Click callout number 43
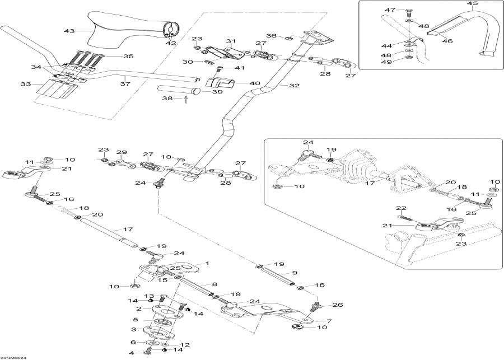click(69, 31)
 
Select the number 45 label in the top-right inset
click(473, 4)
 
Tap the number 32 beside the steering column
click(294, 85)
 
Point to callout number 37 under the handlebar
click(124, 84)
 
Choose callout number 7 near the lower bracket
click(329, 321)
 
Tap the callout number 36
click(272, 36)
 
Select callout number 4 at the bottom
click(132, 353)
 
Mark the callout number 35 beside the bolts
click(128, 57)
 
